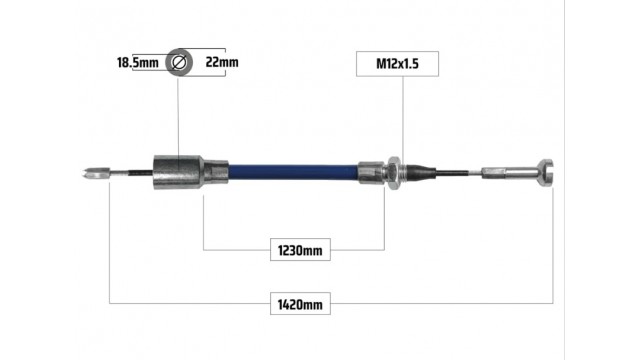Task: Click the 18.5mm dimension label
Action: pos(138,62)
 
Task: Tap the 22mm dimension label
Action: pos(222,62)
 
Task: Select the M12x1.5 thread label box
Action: pos(397,64)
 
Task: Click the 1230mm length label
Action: pos(300,250)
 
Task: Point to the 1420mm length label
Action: pos(300,304)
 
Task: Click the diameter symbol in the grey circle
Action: pos(179,62)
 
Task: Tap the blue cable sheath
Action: pos(293,172)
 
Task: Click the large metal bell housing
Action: pos(178,172)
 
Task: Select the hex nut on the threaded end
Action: pos(393,173)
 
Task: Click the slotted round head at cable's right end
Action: pos(546,173)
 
